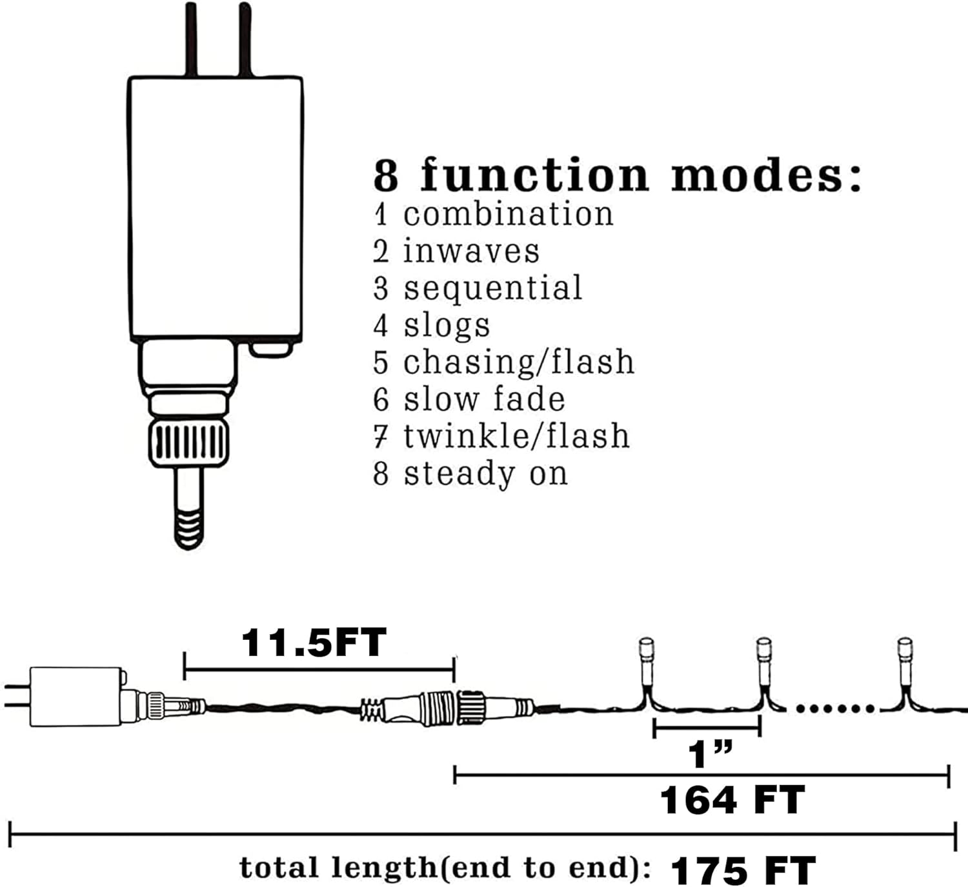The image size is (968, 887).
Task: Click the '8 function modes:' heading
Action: coord(617,175)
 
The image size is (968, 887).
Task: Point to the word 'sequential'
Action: coord(492,288)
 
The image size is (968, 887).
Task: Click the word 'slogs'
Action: coord(447,326)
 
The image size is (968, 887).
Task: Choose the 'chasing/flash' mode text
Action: coord(519,363)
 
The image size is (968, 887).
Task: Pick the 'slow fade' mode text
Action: coord(484,399)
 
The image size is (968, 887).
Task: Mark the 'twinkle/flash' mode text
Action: coord(516,436)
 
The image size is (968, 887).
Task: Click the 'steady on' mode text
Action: coord(485,474)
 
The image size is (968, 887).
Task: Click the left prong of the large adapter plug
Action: coord(191,39)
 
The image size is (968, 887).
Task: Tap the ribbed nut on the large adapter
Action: coord(188,444)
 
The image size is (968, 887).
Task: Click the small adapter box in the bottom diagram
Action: coord(76,697)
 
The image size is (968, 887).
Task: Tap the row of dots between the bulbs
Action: coord(835,708)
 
